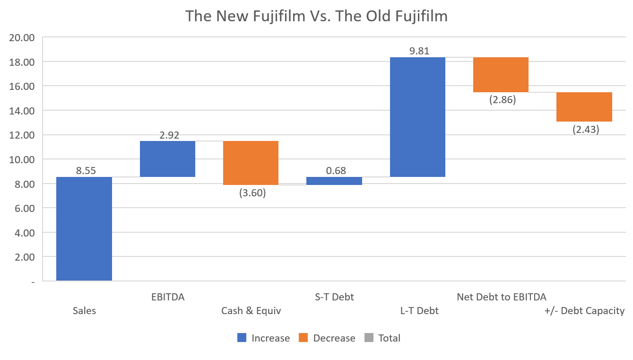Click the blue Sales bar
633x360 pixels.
(x=84, y=229)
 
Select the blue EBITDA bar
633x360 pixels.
(x=167, y=159)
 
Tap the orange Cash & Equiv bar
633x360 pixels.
(x=251, y=163)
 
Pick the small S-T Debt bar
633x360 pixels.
(x=334, y=181)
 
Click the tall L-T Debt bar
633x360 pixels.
(x=417, y=117)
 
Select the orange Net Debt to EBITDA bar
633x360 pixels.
(x=501, y=75)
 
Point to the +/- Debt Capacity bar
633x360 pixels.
(x=584, y=107)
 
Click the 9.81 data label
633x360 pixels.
(x=419, y=51)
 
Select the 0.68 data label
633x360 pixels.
(x=336, y=170)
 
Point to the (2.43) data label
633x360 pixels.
(x=585, y=129)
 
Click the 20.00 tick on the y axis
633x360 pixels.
(x=22, y=37)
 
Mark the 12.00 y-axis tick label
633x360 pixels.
(x=22, y=135)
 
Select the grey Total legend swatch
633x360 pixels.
(x=369, y=338)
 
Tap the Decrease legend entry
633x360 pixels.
(x=334, y=338)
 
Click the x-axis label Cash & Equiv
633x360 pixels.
(x=251, y=311)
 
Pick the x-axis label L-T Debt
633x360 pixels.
(x=419, y=311)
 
